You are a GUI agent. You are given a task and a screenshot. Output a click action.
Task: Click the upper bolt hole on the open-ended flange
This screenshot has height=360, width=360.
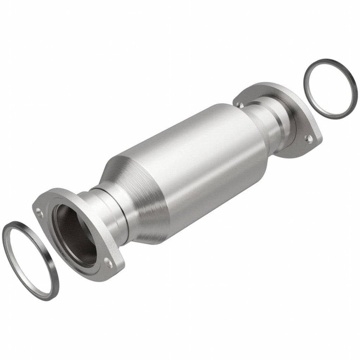click(38, 211)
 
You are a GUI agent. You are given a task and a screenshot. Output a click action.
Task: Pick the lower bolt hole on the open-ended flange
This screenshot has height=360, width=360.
click(111, 262)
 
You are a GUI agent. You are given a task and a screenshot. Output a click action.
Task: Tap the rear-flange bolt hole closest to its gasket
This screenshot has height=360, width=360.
click(310, 139)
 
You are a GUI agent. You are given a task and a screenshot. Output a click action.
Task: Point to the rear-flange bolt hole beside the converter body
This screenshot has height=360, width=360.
click(239, 104)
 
